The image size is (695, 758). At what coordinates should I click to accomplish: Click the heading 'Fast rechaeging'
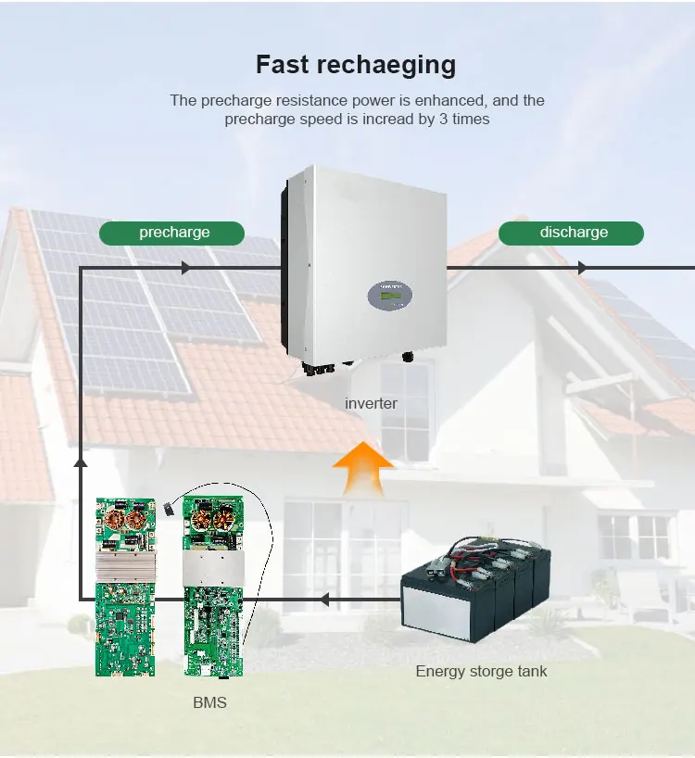click(x=356, y=65)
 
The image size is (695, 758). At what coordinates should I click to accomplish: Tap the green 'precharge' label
click(x=174, y=233)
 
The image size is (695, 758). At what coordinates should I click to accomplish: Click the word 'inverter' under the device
click(x=371, y=403)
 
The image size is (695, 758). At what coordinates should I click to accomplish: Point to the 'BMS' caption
click(x=209, y=702)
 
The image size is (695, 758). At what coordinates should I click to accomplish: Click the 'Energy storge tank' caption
click(x=481, y=671)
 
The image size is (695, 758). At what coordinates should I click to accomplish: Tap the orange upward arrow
click(x=362, y=468)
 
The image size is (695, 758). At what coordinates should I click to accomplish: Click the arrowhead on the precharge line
click(x=186, y=268)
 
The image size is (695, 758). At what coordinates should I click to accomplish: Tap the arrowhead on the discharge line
click(x=583, y=268)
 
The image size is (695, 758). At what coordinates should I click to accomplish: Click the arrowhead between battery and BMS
click(x=323, y=600)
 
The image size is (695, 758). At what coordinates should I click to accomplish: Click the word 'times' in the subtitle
click(x=471, y=119)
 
